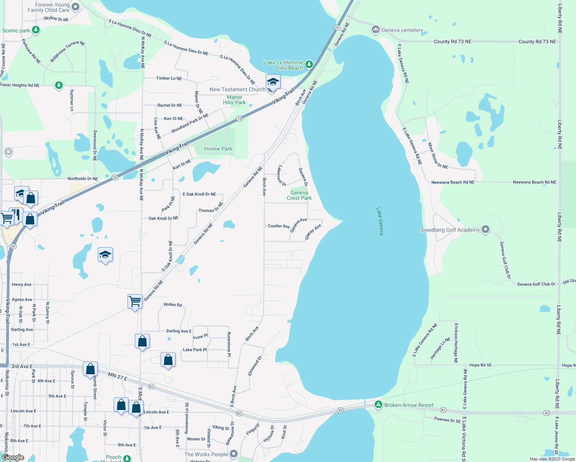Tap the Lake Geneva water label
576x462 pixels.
pyautogui.click(x=380, y=221)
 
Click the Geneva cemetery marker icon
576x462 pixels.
pyautogui.click(x=376, y=30)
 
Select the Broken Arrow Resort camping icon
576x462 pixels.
pyautogui.click(x=378, y=405)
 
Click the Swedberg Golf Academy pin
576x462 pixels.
pyautogui.click(x=486, y=230)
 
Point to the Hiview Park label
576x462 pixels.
pyautogui.click(x=218, y=149)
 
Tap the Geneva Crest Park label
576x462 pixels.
pyautogui.click(x=299, y=195)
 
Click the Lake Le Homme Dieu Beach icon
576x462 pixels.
pyautogui.click(x=309, y=65)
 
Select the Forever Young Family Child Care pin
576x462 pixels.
pyautogui.click(x=75, y=7)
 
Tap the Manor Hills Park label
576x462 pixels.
pyautogui.click(x=234, y=100)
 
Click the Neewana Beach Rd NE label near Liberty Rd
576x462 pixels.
pyautogui.click(x=534, y=182)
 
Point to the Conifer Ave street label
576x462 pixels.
pyautogui.click(x=278, y=226)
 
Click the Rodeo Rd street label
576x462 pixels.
pyautogui.click(x=172, y=305)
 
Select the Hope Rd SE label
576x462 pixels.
pyautogui.click(x=480, y=365)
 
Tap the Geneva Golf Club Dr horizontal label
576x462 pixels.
pyautogui.click(x=536, y=284)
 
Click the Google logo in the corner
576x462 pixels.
pyautogui.click(x=13, y=457)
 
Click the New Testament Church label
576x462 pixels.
pyautogui.click(x=237, y=89)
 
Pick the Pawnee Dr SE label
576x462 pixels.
pyautogui.click(x=447, y=420)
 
